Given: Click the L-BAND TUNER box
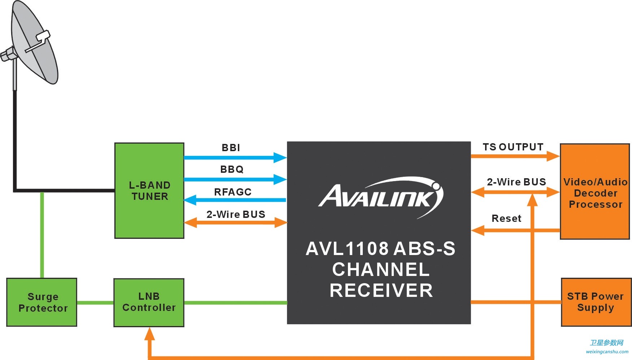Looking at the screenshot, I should [149, 190].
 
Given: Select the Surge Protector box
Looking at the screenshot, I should [42, 302].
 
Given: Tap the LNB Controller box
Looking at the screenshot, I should [149, 302].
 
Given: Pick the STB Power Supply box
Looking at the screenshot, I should [596, 302].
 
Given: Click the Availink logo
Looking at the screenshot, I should [380, 197].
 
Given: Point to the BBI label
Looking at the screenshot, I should [231, 148].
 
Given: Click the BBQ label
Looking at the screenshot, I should [232, 169].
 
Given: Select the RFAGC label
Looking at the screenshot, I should [233, 192].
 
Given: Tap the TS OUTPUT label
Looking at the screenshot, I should [513, 147].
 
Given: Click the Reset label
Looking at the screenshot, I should [506, 218].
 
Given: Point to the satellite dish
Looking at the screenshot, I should [32, 45].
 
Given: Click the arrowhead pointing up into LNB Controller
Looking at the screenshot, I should [149, 334].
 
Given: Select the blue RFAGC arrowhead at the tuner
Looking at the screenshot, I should [190, 200].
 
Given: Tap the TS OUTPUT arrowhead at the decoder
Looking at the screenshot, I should [553, 156].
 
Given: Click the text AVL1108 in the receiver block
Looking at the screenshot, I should [347, 249].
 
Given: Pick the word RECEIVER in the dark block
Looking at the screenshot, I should [381, 290].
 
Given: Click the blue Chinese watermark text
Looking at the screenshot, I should [606, 343].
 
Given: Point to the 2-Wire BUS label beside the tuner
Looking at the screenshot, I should [236, 214].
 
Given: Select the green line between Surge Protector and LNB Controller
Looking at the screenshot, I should [95, 303].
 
